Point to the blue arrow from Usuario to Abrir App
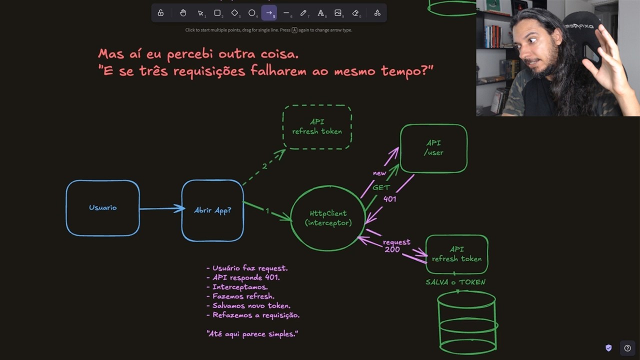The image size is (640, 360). pos(162,208)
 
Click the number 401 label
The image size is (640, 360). pos(389,199)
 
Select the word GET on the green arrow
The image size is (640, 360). pos(381,187)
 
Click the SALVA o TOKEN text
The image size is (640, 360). pos(455,282)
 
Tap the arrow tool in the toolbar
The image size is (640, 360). pos(269,13)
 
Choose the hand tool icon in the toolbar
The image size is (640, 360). pos(183,13)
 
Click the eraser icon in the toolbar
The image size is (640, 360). pos(355,13)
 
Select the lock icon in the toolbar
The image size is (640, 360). pos(160,13)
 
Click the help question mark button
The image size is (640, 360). pos(627,348)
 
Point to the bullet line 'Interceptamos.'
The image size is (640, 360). pos(237,287)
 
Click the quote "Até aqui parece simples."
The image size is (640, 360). pos(252,334)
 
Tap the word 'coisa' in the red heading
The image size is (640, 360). pos(279,54)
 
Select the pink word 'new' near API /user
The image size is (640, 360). pos(379,173)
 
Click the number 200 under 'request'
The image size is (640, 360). pos(392,249)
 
